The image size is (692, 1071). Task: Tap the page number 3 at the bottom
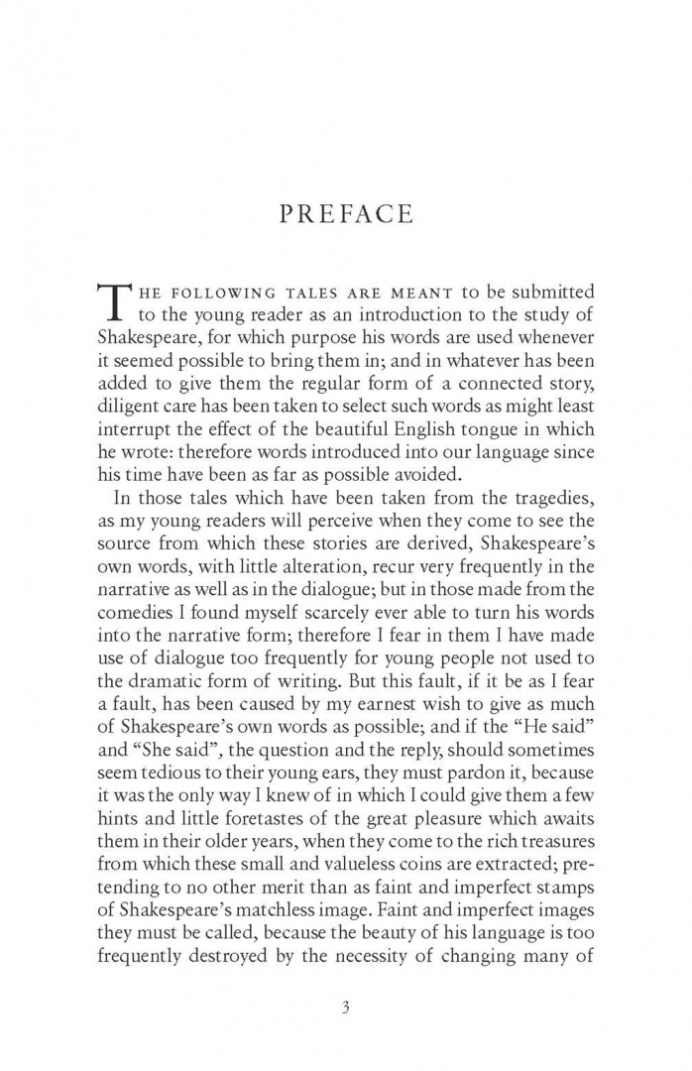click(346, 1010)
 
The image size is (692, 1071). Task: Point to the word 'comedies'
click(136, 612)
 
